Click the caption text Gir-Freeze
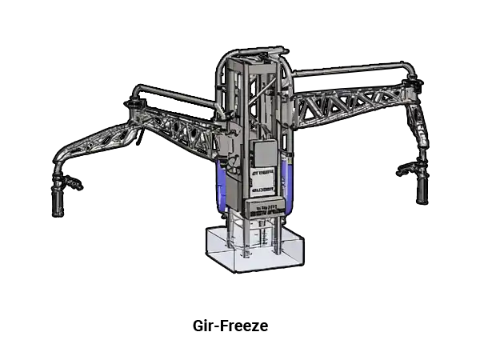230,326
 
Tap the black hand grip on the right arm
422,190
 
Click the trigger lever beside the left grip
73,182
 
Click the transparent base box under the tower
254,249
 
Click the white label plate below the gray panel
262,182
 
